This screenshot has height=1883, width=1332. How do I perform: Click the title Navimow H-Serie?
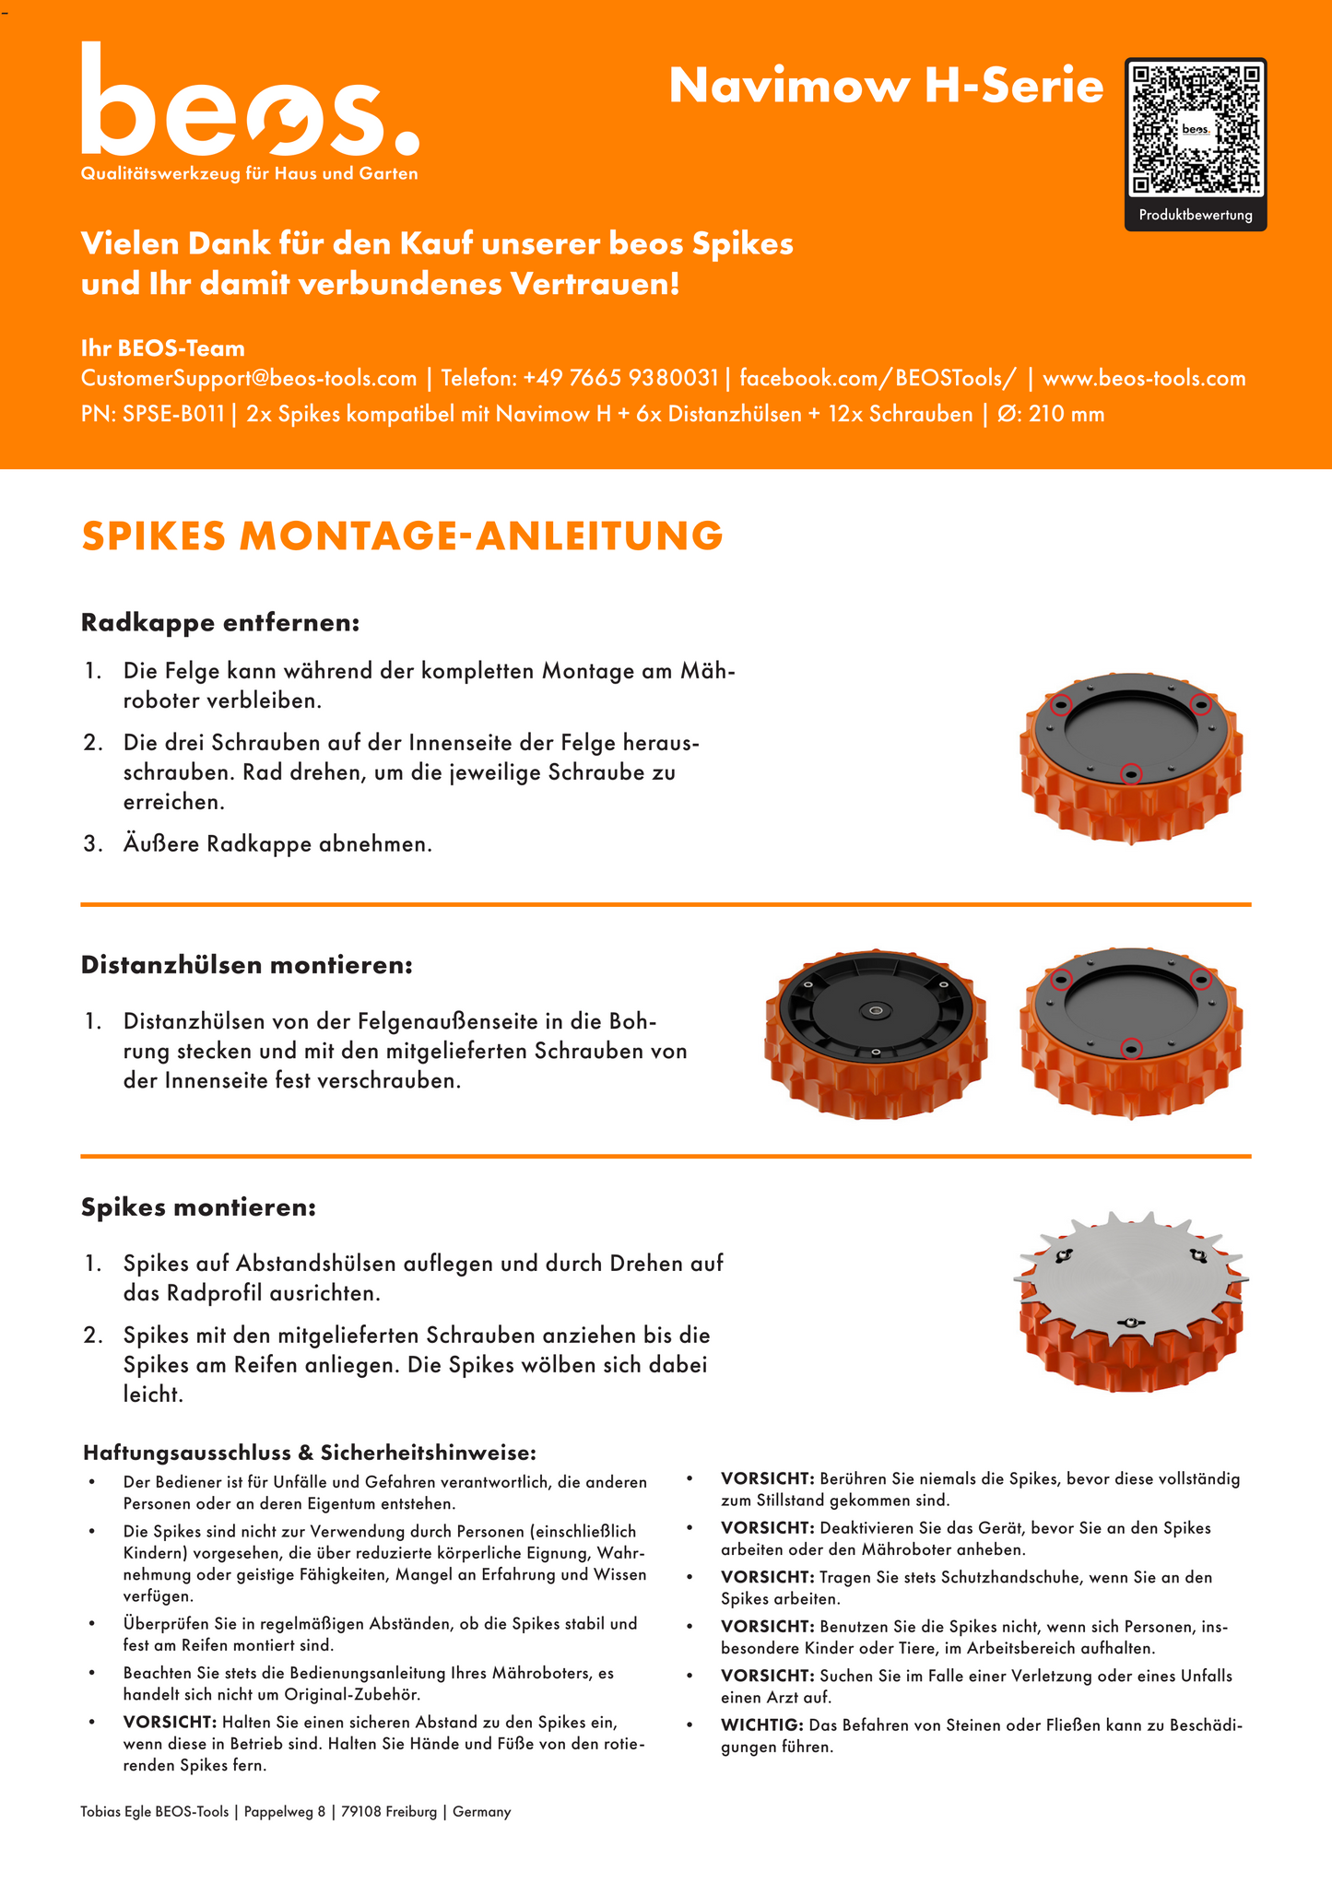[x=886, y=86]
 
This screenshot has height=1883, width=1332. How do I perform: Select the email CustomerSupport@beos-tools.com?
[x=249, y=378]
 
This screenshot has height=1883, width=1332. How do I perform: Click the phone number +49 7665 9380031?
[x=620, y=378]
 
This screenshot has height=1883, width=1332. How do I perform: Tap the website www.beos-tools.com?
[x=1143, y=378]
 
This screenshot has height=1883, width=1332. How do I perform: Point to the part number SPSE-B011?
[x=173, y=414]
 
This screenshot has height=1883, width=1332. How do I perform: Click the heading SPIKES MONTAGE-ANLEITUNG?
[x=402, y=536]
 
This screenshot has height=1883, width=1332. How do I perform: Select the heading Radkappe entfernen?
[x=220, y=623]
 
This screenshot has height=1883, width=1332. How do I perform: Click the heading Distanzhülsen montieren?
[x=247, y=965]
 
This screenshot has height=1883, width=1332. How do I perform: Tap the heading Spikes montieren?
[x=198, y=1207]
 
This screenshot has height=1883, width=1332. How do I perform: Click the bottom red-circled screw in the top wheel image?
[x=1131, y=774]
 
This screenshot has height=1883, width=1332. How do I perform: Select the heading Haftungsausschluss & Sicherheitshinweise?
[x=309, y=1453]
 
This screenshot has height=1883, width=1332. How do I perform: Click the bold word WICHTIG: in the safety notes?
[x=761, y=1724]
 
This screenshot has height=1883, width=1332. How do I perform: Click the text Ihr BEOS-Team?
[x=163, y=348]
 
